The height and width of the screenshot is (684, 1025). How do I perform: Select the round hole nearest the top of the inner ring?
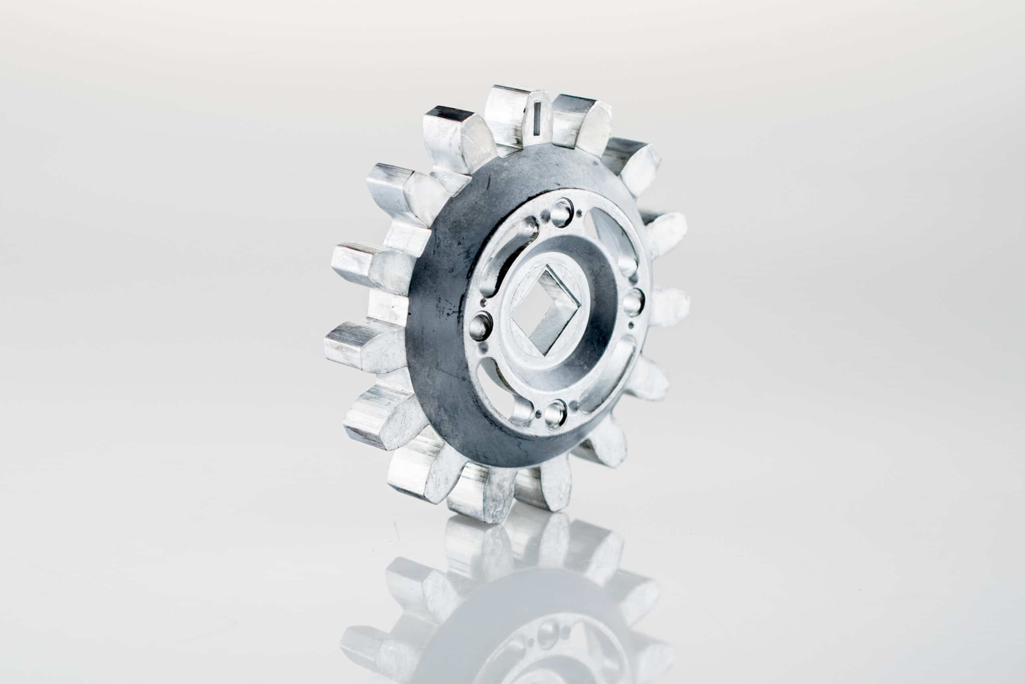(562, 212)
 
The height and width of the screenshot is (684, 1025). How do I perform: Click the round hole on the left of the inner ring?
(481, 325)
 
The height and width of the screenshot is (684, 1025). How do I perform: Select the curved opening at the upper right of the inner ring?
(612, 238)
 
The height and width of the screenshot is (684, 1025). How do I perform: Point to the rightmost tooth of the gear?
(669, 307)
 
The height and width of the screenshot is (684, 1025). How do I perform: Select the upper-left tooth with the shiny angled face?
(458, 135)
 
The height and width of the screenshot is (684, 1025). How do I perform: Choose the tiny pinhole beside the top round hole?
(578, 214)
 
